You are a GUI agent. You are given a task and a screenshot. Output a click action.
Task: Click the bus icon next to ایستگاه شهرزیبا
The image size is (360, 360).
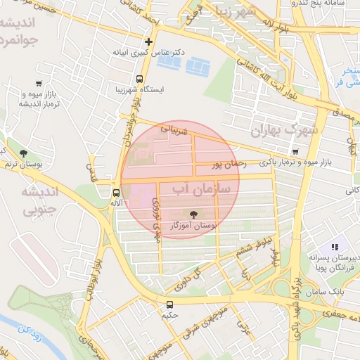pos(139,79)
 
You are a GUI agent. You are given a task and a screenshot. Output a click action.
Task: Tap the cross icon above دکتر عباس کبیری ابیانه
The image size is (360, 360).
pos(148,41)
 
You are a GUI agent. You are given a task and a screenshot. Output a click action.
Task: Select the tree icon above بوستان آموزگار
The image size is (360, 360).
pos(193,214)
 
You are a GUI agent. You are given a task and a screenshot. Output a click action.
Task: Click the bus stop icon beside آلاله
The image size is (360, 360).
pos(116,192)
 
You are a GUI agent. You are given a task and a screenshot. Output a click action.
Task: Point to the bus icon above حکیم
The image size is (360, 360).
pos(169,304)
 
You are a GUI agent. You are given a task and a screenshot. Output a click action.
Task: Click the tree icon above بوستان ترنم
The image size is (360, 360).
pos(23,153)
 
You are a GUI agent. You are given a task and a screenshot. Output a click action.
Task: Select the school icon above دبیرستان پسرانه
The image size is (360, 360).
pos(335,247)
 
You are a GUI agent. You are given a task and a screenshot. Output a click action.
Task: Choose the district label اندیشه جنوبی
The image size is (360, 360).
pos(28,200)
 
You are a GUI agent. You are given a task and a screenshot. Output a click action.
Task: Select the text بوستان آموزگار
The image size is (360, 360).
pos(194,225)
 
